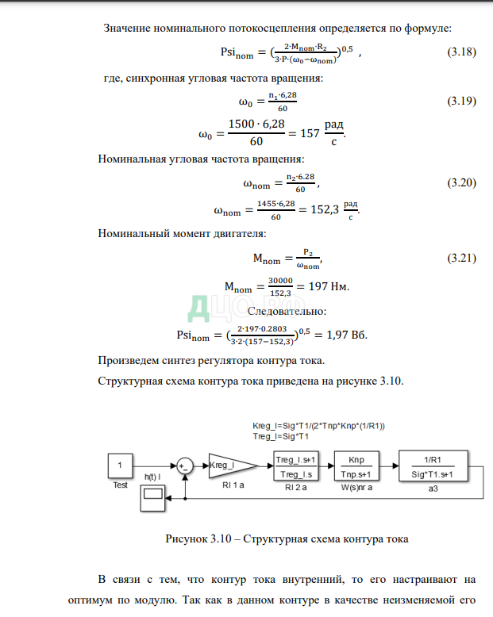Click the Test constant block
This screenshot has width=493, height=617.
click(x=120, y=465)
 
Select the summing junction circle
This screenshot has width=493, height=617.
click(x=184, y=466)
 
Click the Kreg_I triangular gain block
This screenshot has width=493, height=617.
click(x=231, y=465)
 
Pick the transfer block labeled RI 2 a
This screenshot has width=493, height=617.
click(x=296, y=466)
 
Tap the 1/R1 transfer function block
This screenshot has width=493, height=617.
click(x=433, y=466)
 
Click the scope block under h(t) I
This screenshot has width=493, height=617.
click(x=152, y=496)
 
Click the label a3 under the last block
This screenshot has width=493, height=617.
click(x=433, y=489)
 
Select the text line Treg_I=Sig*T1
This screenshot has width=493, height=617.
click(x=280, y=435)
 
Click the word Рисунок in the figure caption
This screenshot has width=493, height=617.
click(x=187, y=539)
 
